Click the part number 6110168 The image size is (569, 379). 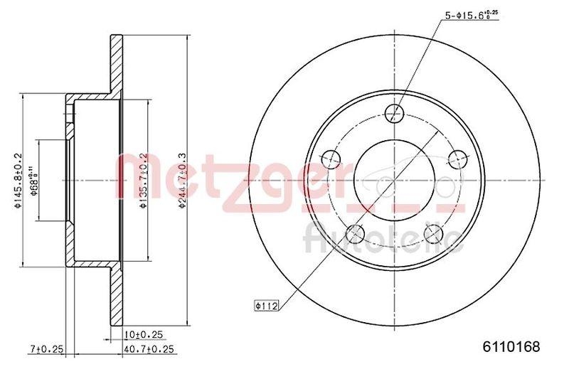(511, 347)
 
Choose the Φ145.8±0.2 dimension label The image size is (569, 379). (19, 182)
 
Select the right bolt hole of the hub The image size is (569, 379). (457, 159)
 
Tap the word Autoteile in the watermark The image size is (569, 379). (383, 239)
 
